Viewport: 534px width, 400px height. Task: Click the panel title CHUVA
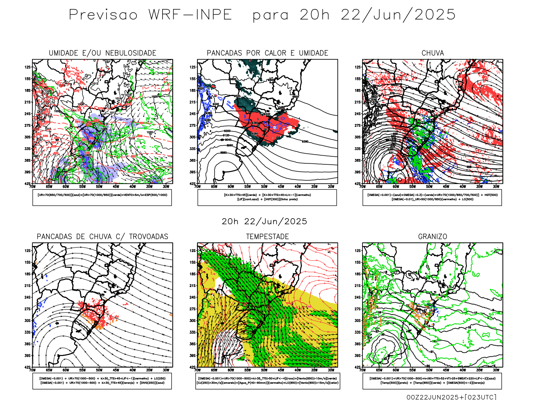pyautogui.click(x=433, y=53)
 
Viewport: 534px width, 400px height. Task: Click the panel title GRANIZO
pyautogui.click(x=433, y=237)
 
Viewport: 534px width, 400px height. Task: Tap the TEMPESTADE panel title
pyautogui.click(x=267, y=237)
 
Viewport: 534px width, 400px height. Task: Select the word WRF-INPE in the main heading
pyautogui.click(x=190, y=15)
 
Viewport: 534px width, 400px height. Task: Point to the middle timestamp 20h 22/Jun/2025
pyautogui.click(x=264, y=222)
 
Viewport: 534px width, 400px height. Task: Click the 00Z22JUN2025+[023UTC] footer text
pyautogui.click(x=451, y=397)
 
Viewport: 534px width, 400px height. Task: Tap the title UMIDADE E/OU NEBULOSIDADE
pyautogui.click(x=102, y=53)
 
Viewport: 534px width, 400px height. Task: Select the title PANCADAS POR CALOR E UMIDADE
pyautogui.click(x=267, y=53)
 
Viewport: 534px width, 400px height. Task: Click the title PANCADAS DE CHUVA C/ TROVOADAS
pyautogui.click(x=102, y=237)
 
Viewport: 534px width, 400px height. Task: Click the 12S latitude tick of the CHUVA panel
pyautogui.click(x=358, y=67)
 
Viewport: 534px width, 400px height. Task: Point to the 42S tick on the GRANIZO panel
pyautogui.click(x=358, y=367)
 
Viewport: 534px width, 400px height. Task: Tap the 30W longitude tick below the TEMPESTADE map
pyautogui.click(x=331, y=370)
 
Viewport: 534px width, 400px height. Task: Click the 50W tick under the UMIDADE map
pyautogui.click(x=99, y=187)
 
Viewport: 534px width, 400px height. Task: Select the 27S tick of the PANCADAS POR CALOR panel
pyautogui.click(x=193, y=126)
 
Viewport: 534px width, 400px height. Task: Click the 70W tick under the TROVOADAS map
pyautogui.click(x=32, y=370)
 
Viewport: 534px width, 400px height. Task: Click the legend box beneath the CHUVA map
pyautogui.click(x=432, y=197)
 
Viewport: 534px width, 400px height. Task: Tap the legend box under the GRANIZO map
pyautogui.click(x=432, y=381)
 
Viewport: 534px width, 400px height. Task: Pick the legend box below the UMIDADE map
pyautogui.click(x=102, y=197)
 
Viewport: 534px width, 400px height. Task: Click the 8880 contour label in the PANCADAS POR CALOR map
pyautogui.click(x=223, y=153)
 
